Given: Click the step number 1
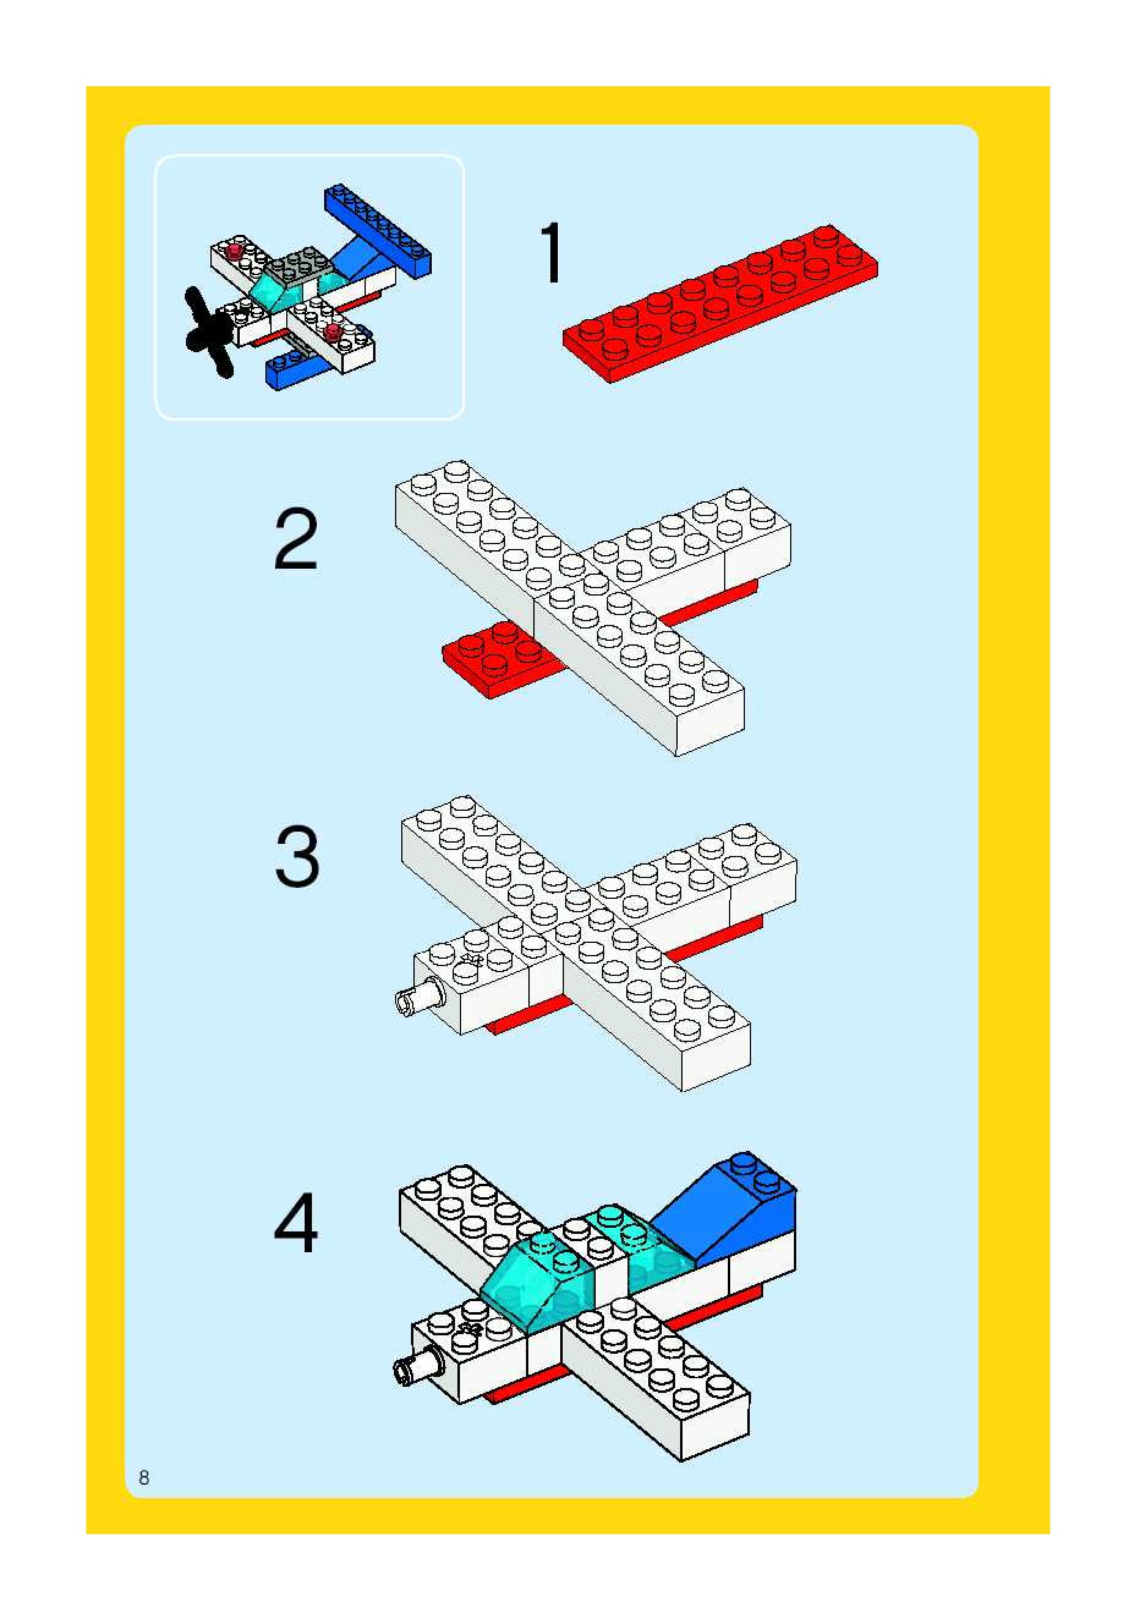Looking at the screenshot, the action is (552, 253).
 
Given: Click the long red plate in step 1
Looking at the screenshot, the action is (720, 304).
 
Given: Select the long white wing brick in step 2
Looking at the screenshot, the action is (569, 607).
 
